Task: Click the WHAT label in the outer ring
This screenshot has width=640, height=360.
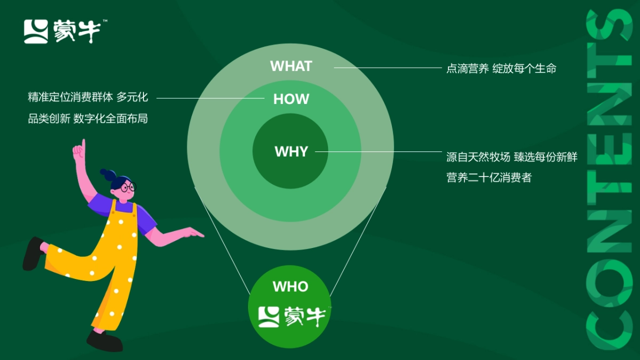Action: [291, 66]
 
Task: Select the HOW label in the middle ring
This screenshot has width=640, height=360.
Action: [291, 99]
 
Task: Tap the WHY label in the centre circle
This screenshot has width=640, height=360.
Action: [291, 151]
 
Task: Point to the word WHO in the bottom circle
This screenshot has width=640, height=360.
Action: [290, 286]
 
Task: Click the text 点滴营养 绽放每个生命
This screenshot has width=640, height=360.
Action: [501, 68]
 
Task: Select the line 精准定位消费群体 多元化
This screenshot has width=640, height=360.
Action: [87, 98]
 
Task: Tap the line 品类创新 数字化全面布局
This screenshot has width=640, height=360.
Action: [87, 119]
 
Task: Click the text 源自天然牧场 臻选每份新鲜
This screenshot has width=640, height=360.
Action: [511, 157]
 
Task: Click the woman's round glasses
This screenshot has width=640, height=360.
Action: [127, 187]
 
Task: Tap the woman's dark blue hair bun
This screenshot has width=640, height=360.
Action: [107, 174]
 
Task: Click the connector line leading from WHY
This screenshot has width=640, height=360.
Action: [379, 151]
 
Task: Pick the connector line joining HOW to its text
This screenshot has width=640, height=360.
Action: [211, 98]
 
